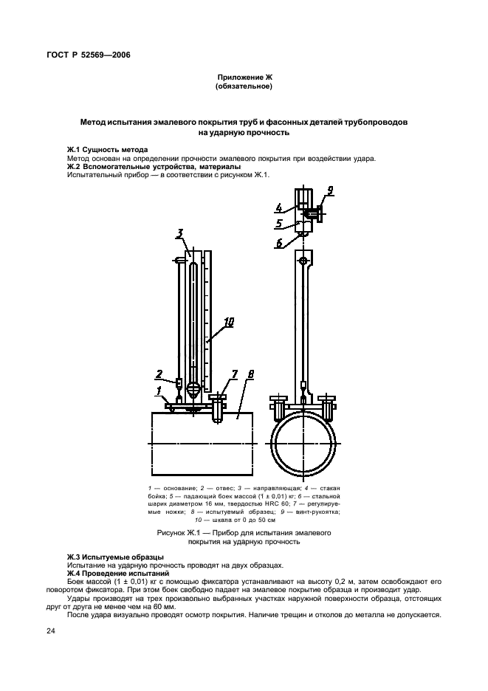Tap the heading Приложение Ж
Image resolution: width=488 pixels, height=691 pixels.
click(244, 78)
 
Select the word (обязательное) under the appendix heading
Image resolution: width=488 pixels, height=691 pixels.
click(244, 87)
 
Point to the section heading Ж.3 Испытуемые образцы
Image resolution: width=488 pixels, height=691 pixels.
click(115, 557)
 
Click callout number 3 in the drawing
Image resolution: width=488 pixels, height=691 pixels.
click(179, 235)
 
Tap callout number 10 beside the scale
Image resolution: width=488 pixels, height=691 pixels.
click(229, 322)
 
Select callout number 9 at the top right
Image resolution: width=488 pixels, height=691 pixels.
click(330, 190)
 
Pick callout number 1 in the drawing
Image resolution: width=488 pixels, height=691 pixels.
click(157, 389)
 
